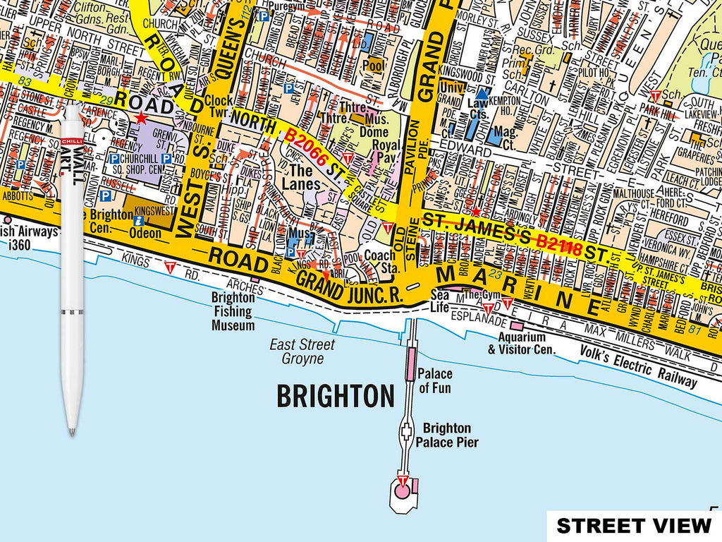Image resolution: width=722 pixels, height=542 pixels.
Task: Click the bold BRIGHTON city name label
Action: (335, 397)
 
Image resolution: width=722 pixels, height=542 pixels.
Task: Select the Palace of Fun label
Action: (435, 380)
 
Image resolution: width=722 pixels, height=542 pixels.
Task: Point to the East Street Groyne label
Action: (302, 351)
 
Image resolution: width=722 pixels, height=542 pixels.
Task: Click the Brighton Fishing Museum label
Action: (233, 311)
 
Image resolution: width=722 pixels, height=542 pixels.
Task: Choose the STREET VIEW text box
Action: (634, 526)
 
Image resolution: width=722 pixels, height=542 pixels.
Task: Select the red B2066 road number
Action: (305, 147)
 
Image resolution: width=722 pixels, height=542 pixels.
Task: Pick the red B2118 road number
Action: (558, 244)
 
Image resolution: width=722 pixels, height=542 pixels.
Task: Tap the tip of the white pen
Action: (71, 431)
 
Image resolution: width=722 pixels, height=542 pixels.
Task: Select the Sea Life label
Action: (440, 300)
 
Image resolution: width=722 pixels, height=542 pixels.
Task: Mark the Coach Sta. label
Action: (380, 262)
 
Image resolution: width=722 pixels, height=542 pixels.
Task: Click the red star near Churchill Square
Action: (142, 118)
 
